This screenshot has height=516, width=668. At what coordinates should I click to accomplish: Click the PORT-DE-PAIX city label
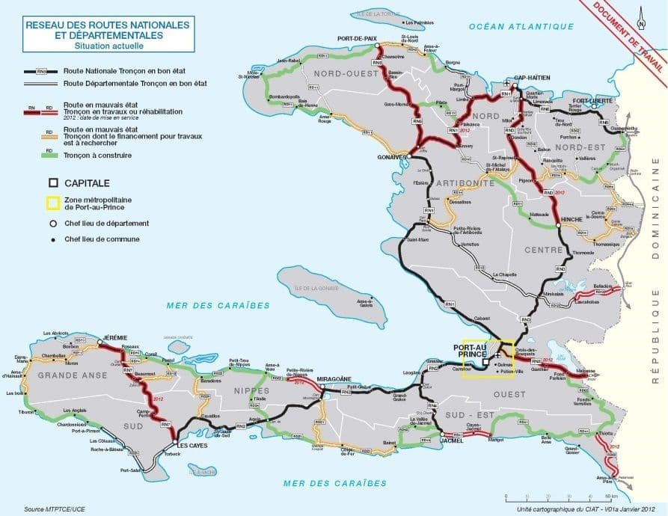pyautogui.click(x=357, y=38)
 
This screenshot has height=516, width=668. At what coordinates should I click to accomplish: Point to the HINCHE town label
pyautogui.click(x=572, y=212)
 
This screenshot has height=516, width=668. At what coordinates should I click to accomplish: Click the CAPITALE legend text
pyautogui.click(x=87, y=182)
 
